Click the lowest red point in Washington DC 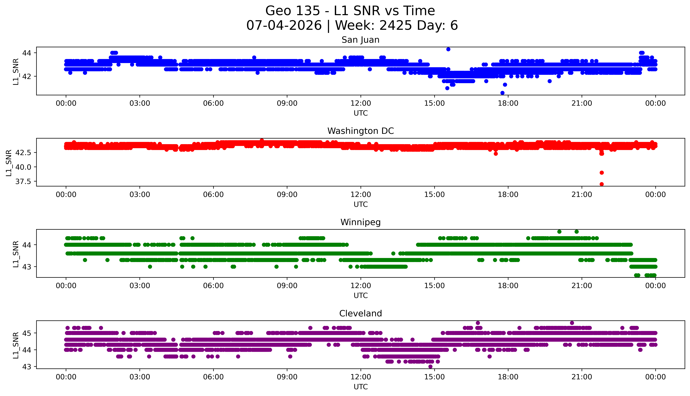602,184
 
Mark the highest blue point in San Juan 448,49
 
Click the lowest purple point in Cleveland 430,367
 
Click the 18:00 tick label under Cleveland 508,377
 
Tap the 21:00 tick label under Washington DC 582,194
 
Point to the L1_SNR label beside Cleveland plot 16,345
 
